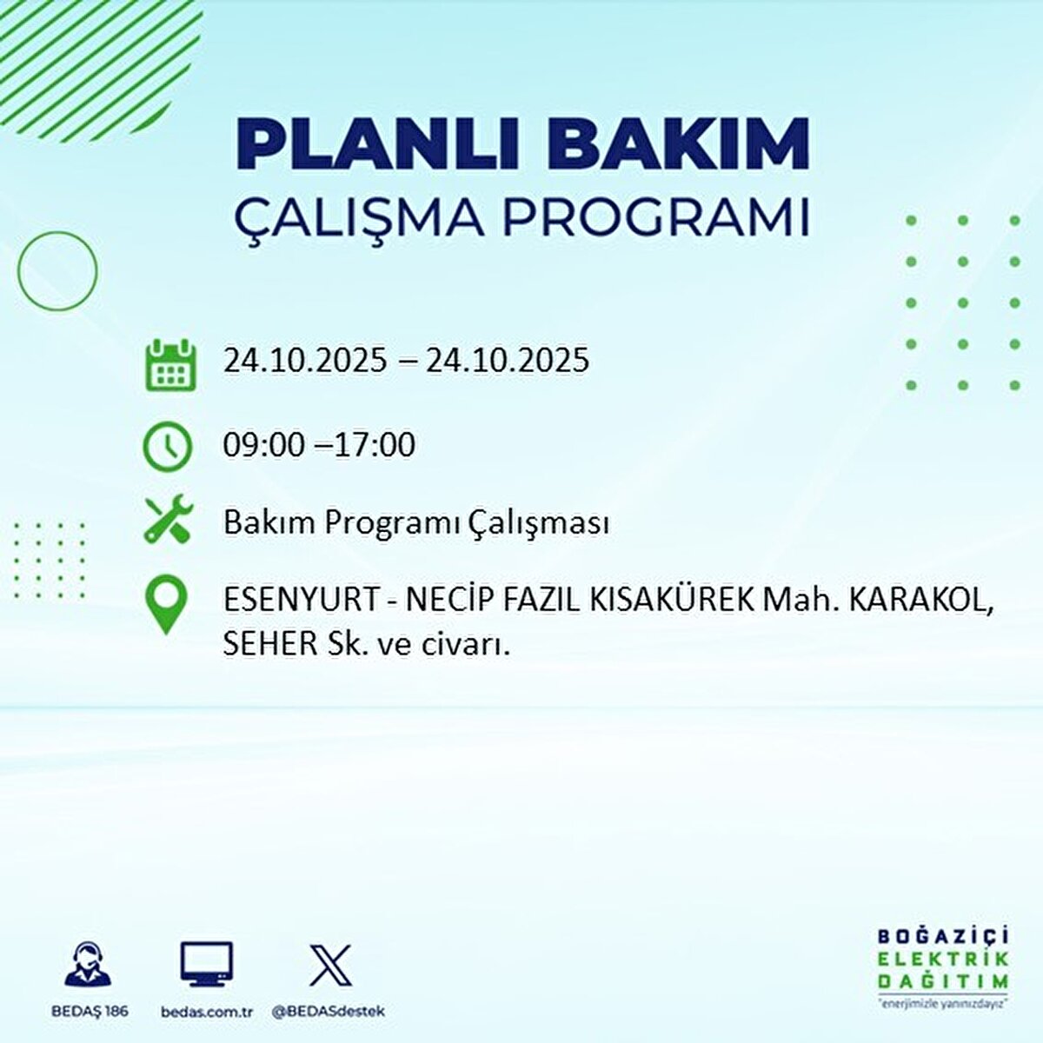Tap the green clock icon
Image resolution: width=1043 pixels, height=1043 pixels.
tap(168, 446)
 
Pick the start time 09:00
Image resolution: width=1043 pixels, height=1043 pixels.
tap(264, 445)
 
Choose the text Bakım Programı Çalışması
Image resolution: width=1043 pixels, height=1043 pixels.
tap(416, 523)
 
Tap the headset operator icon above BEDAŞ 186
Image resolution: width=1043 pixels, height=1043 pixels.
tap(89, 964)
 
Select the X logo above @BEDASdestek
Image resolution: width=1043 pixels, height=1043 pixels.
tap(330, 965)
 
